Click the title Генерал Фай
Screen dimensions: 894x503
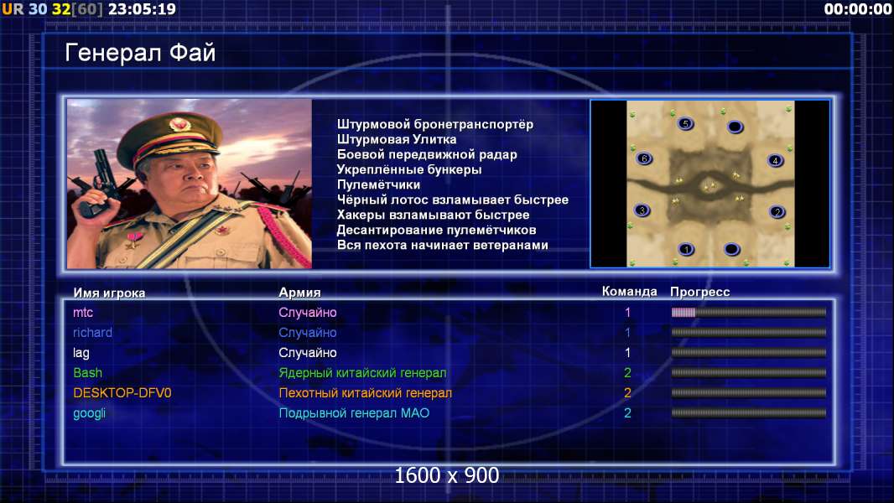coord(140,53)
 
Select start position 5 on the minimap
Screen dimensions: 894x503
coord(686,123)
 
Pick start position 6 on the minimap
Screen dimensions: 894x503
coord(644,158)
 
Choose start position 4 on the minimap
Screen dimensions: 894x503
coord(775,161)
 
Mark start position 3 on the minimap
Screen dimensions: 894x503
coord(642,210)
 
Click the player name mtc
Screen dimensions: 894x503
coord(83,312)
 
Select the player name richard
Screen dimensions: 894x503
coord(92,333)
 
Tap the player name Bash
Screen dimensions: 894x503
coord(88,372)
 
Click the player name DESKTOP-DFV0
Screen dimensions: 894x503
coord(122,393)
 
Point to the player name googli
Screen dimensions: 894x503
coord(90,413)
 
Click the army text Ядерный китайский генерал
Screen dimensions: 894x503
coord(362,373)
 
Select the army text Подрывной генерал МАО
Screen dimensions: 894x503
coord(354,413)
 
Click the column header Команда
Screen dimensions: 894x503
coord(630,292)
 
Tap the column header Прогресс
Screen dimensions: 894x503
coord(700,293)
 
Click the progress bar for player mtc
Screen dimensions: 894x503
coord(749,312)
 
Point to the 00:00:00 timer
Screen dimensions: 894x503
coord(858,9)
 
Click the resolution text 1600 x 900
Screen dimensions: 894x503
coord(447,475)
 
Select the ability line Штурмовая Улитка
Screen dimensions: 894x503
coord(397,139)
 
